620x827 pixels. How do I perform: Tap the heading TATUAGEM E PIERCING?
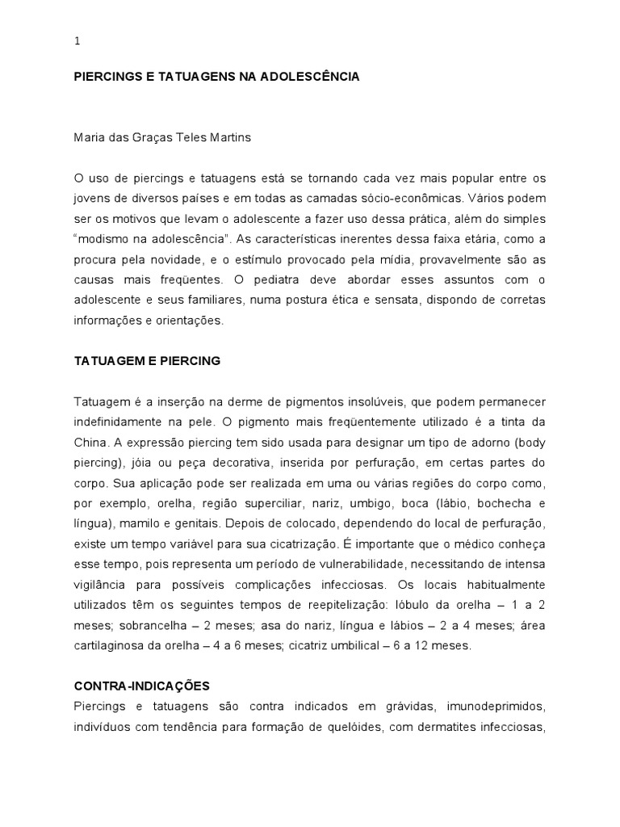[x=147, y=361]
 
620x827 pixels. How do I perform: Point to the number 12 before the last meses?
[x=428, y=645]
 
